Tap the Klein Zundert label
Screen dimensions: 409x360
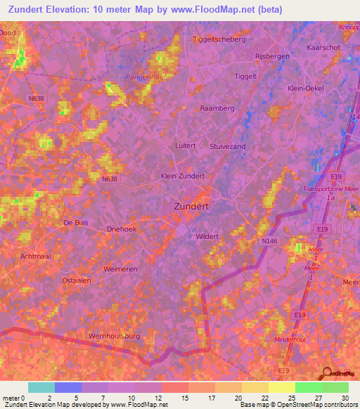click(183, 176)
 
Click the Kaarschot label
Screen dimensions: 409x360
click(323, 46)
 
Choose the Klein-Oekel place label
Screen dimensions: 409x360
click(306, 89)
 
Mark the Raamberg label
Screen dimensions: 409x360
click(216, 109)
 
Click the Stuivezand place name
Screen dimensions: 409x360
click(227, 145)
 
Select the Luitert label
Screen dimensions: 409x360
click(186, 145)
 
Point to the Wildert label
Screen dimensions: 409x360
click(207, 237)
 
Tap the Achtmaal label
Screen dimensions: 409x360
click(36, 257)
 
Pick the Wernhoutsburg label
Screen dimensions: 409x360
click(114, 336)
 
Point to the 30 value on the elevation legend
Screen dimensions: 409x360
click(345, 397)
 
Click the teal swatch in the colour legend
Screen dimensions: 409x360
click(41, 387)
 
